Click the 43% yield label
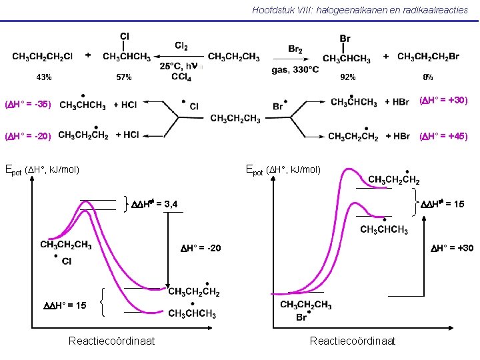click(x=44, y=77)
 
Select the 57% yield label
click(x=124, y=77)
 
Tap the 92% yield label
click(x=348, y=77)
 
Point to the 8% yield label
click(x=428, y=77)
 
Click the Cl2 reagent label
click(x=181, y=46)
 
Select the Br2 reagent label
click(x=295, y=49)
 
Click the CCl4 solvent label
click(x=181, y=77)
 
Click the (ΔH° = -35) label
click(x=28, y=105)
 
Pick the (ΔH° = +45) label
click(x=443, y=136)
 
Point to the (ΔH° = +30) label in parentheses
click(x=443, y=101)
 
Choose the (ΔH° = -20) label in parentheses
click(x=28, y=136)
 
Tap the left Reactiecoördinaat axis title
click(x=112, y=341)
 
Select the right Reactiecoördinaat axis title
click(x=353, y=341)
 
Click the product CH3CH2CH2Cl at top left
click(x=42, y=57)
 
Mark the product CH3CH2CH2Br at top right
click(x=428, y=57)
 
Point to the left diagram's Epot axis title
click(x=42, y=169)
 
